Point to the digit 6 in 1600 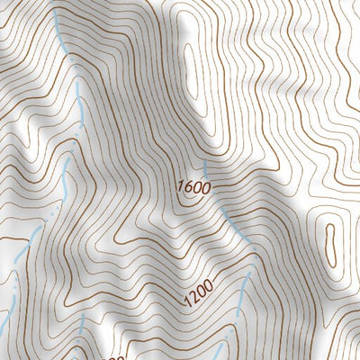pyautogui.click(x=188, y=188)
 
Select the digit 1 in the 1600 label pyautogui.click(x=180, y=188)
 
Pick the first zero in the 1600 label pyautogui.click(x=196, y=188)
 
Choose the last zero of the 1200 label pyautogui.click(x=209, y=285)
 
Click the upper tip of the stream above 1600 pyautogui.click(x=204, y=162)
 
